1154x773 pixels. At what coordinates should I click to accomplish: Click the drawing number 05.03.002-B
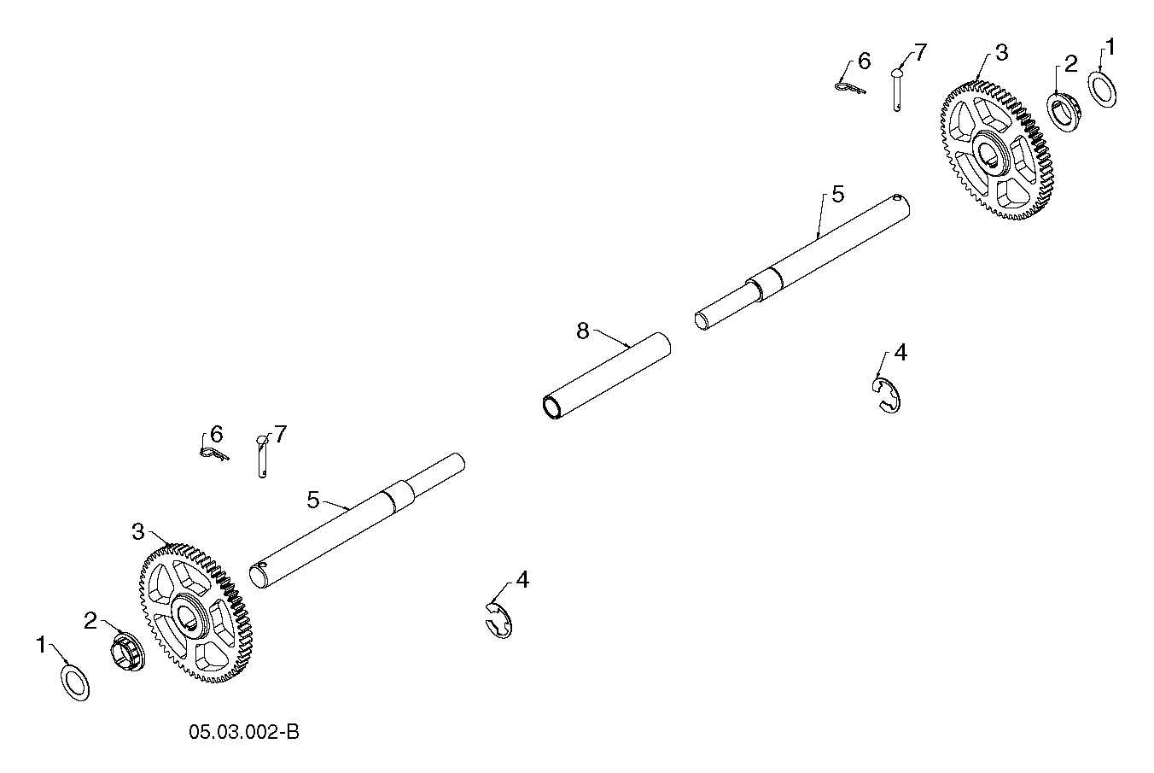click(x=243, y=732)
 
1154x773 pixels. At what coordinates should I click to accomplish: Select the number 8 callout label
click(x=583, y=331)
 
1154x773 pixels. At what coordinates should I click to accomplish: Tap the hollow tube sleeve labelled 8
click(x=607, y=376)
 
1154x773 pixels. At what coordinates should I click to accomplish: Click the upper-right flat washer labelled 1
click(x=1102, y=91)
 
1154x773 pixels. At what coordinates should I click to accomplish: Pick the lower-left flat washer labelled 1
click(x=75, y=683)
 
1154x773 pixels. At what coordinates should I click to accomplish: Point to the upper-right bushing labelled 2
click(x=1064, y=112)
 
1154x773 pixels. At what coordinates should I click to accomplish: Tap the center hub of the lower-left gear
click(x=189, y=616)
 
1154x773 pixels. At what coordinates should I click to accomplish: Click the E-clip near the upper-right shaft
click(x=886, y=395)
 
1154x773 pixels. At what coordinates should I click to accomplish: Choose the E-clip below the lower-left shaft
click(x=498, y=620)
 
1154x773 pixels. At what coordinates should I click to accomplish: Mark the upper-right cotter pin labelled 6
click(x=850, y=88)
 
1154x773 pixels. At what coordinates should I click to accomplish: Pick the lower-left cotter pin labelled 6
click(x=214, y=454)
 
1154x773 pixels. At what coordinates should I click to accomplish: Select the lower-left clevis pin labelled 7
click(x=262, y=457)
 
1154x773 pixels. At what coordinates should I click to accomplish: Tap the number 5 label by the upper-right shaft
click(x=838, y=195)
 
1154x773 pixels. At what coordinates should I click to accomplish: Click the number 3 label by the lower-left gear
click(x=137, y=531)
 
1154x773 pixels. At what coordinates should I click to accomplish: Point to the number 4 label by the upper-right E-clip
click(x=900, y=353)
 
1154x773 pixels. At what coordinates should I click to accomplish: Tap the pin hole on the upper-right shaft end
click(x=897, y=197)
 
